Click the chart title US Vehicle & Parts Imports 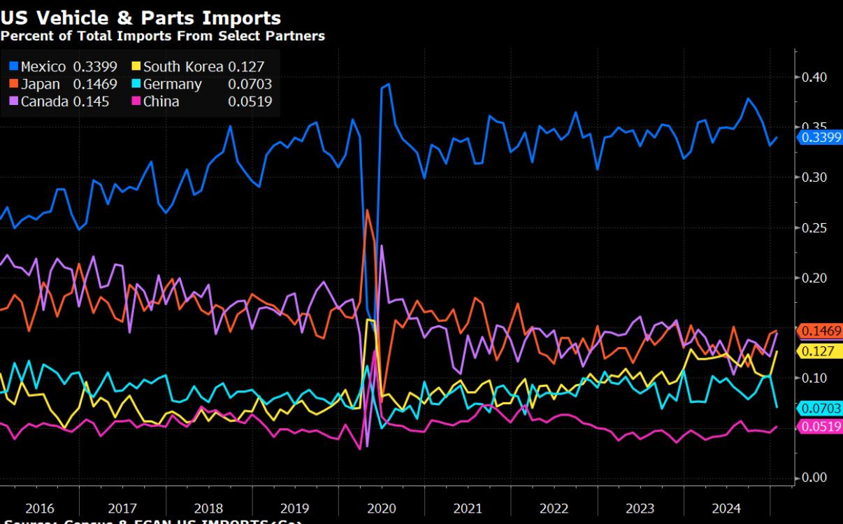[140, 17]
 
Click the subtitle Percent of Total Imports [162, 36]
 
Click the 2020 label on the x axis [381, 509]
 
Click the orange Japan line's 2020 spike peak [367, 210]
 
